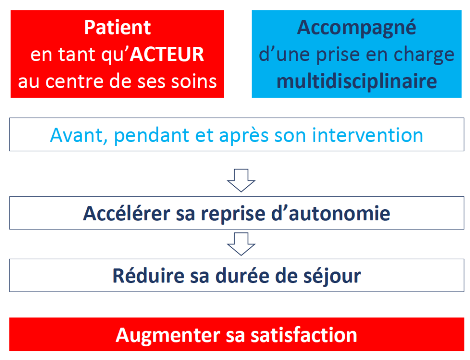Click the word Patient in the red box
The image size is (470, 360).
click(x=117, y=28)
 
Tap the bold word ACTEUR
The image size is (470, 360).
click(x=167, y=55)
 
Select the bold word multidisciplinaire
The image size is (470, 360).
click(x=357, y=82)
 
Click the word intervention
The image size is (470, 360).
click(x=368, y=135)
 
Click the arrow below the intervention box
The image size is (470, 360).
click(x=241, y=180)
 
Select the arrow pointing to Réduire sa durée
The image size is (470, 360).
click(x=241, y=244)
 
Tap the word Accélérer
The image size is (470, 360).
click(x=126, y=214)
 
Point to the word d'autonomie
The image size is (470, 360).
click(x=330, y=214)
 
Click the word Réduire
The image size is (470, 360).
click(x=148, y=276)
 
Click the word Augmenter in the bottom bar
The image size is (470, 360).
click(x=168, y=336)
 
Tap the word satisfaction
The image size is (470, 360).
click(x=304, y=335)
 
